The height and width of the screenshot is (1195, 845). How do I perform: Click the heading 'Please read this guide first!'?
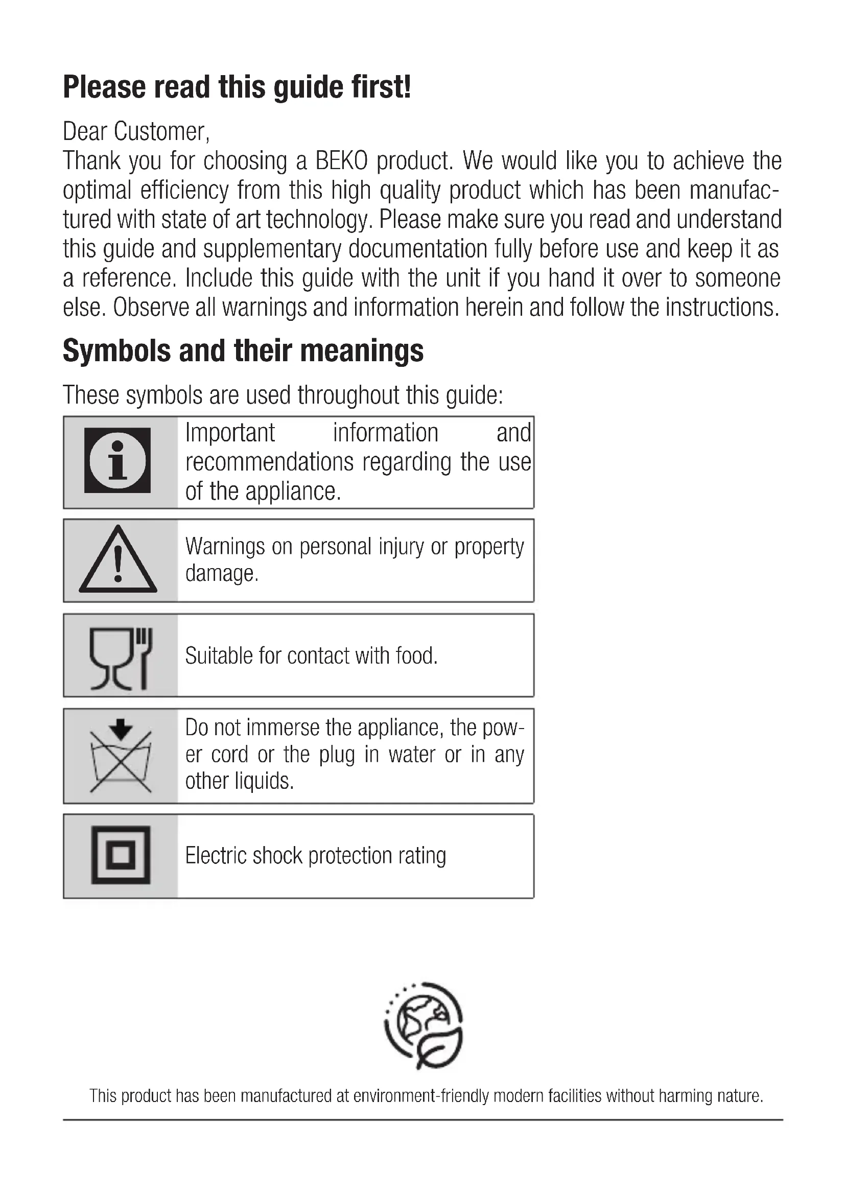237,87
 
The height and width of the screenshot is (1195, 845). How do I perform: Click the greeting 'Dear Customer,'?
136,131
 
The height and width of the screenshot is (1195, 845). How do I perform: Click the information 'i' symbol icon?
118,461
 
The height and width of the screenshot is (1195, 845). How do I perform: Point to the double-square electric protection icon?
121,855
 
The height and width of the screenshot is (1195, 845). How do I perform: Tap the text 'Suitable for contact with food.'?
311,656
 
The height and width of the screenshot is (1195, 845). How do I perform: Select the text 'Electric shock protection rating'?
315,856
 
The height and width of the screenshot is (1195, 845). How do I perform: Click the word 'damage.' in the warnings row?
222,574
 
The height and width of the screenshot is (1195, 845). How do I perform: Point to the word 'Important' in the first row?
230,433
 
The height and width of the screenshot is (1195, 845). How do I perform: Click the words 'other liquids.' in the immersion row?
239,781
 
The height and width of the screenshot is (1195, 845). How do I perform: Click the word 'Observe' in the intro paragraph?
151,308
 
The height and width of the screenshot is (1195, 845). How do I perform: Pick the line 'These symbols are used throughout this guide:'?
283,395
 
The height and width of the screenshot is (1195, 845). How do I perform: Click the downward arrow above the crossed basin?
121,729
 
